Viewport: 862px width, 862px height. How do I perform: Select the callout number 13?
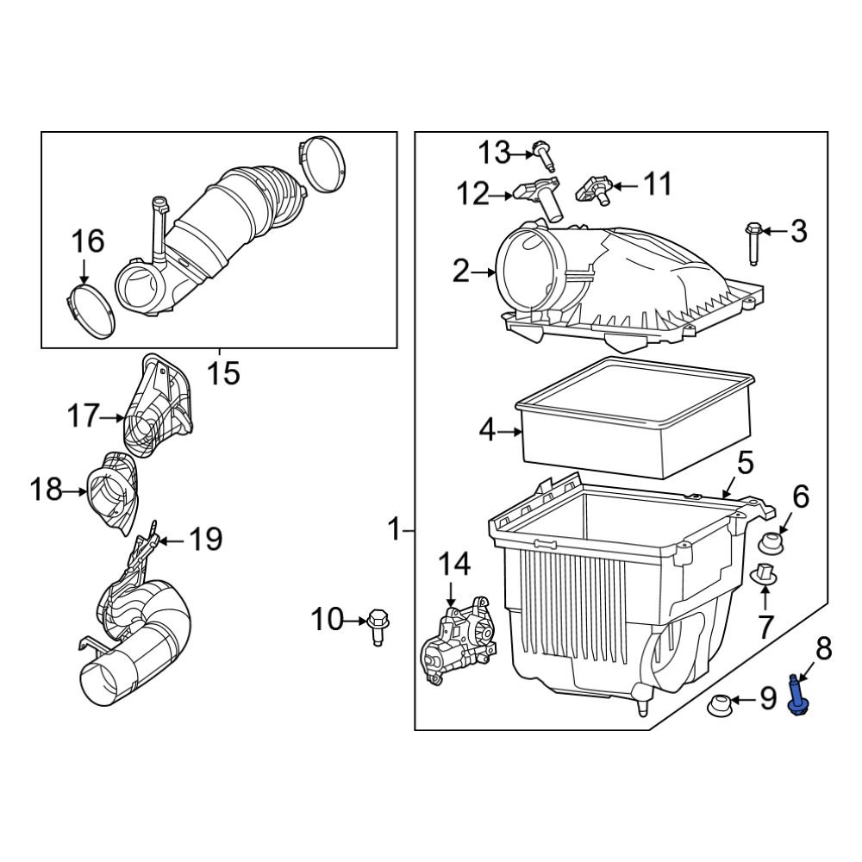coord(496,153)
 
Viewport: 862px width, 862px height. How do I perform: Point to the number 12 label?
coord(472,194)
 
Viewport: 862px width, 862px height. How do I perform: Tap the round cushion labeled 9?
coord(719,705)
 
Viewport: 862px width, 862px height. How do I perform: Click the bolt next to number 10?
coord(377,626)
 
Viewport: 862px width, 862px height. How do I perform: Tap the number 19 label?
coord(205,540)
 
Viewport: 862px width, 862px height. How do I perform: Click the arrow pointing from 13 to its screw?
coord(524,154)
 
